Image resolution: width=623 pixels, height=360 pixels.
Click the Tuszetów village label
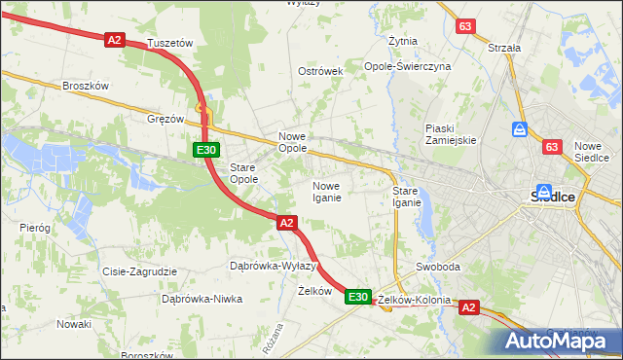(170, 44)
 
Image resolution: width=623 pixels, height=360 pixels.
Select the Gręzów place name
(165, 119)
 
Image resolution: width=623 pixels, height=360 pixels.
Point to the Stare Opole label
(243, 173)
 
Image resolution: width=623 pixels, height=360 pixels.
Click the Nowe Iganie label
(326, 192)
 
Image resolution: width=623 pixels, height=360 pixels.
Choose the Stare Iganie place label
(406, 197)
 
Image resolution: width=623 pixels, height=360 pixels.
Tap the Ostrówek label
(321, 72)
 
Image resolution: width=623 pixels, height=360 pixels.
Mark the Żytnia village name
(402, 42)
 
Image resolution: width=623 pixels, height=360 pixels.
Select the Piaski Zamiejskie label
(450, 134)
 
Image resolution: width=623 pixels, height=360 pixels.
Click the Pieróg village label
(34, 227)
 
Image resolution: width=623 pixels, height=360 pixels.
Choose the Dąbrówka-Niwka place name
(202, 299)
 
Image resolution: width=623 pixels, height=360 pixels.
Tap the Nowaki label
(73, 323)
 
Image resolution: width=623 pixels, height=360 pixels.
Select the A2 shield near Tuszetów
(115, 39)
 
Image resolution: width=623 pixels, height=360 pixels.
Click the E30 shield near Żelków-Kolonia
(357, 297)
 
